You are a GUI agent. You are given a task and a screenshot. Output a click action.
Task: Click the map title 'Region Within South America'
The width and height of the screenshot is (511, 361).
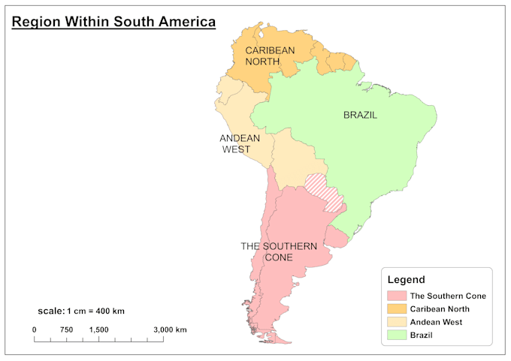[x=113, y=22]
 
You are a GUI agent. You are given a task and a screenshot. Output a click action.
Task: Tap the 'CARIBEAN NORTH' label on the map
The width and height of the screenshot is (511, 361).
[x=270, y=56]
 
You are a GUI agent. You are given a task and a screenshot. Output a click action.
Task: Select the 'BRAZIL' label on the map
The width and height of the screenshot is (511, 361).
[x=360, y=116]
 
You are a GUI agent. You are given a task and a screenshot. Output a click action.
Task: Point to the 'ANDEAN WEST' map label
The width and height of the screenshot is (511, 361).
[x=240, y=143]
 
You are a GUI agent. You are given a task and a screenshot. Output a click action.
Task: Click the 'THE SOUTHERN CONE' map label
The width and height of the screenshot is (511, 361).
[x=278, y=251]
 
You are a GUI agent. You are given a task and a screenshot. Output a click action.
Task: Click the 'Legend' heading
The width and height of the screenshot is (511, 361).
[x=406, y=279]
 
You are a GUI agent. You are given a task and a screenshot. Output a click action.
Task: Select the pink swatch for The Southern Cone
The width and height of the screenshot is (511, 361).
[x=396, y=296]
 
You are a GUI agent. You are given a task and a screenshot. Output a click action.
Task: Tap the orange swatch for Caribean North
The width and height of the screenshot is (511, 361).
[x=396, y=308]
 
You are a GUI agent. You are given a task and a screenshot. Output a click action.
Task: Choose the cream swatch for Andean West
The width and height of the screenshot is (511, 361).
[x=396, y=322]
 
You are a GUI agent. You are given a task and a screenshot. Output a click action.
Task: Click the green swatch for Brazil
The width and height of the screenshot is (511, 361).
[x=396, y=335]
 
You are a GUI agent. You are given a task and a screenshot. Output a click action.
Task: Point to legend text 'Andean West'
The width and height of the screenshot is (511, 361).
[x=436, y=322]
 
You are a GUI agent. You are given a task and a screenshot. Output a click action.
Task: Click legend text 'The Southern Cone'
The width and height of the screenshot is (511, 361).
[x=447, y=296]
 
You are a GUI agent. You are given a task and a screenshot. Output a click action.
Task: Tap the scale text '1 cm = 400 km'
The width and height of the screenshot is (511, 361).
[x=95, y=311]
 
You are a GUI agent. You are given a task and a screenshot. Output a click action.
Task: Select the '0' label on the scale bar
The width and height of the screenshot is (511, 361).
[x=34, y=329]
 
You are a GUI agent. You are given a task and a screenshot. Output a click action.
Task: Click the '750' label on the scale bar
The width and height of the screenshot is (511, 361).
[x=66, y=329]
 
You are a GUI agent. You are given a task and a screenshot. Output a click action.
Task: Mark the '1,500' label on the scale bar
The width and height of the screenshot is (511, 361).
[x=98, y=329]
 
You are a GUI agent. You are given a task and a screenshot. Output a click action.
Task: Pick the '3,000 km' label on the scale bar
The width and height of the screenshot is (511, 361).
[x=171, y=329]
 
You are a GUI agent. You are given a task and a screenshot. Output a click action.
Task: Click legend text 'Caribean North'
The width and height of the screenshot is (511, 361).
[x=440, y=308]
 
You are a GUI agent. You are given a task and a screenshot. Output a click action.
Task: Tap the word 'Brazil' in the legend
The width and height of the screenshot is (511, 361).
[x=422, y=335]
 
